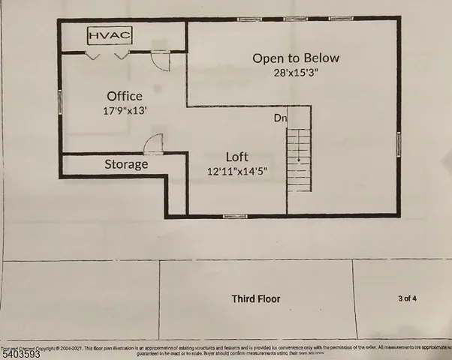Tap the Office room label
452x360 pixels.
125,96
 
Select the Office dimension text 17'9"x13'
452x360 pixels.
125,110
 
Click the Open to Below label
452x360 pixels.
296,58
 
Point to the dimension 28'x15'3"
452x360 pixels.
296,73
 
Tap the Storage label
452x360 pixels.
126,164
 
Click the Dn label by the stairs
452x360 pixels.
279,118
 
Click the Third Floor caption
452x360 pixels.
255,298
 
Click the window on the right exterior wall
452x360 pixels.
399,142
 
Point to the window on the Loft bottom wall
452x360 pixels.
235,216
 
